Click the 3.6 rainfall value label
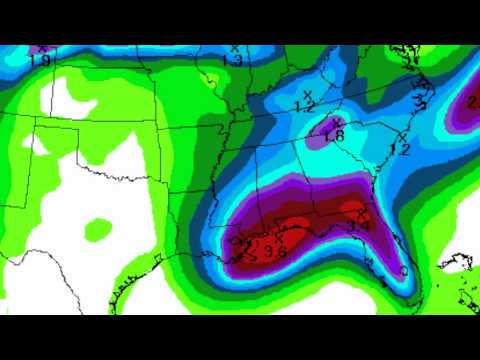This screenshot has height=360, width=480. tap(275, 252)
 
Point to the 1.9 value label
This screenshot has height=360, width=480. tap(39, 60)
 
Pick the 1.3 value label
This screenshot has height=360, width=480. tap(232, 61)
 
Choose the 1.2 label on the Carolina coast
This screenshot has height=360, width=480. tap(399, 149)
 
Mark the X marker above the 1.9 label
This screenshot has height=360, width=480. tap(40, 48)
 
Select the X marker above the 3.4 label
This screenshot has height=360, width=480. tap(360, 215)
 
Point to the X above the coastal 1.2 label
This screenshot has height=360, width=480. tap(402, 136)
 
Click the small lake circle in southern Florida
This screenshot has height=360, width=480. tap(403, 271)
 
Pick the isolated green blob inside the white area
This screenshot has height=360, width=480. tap(99, 231)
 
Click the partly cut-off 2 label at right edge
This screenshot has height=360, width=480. tap(473, 101)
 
